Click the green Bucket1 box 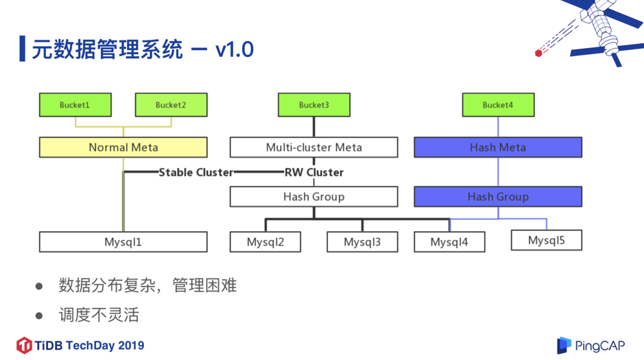75,105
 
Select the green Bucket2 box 171,105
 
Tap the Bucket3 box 313,105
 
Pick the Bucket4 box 498,105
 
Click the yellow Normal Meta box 123,147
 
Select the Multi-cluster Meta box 313,147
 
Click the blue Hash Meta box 498,147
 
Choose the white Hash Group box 313,197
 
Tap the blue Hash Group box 498,197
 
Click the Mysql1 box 123,242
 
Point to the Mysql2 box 265,242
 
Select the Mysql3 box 362,242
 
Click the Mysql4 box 449,242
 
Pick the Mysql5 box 547,240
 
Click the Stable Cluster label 195,172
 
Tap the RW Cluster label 314,172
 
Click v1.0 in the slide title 235,50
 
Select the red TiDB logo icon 24,345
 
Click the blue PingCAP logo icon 564,346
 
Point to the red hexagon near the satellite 538,53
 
